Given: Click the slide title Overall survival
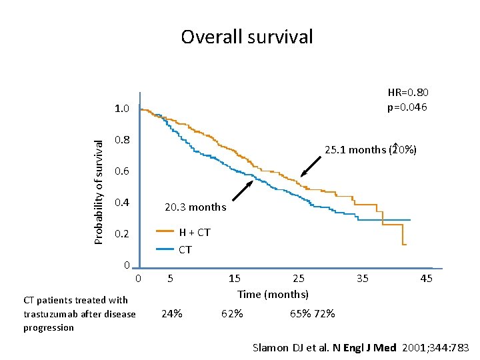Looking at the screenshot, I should tap(247, 37).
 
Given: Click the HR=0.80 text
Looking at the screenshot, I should tap(408, 93).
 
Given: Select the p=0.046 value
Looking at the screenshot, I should tap(407, 107).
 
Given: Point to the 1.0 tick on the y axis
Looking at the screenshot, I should tap(122, 109).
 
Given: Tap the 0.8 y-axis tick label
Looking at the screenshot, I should tap(122, 141).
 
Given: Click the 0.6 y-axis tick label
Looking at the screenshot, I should tap(122, 172).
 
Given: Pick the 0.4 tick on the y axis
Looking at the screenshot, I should tap(122, 203).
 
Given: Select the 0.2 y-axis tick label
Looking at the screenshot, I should tap(122, 235).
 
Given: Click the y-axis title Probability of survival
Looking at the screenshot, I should tap(99, 191).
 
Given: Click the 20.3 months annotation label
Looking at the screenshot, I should tap(195, 207).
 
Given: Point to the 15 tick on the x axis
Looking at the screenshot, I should tap(235, 278).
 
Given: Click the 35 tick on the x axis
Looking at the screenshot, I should tap(363, 278).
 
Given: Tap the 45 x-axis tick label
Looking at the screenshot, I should tap(426, 278).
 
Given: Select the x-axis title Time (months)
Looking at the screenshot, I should tap(273, 294).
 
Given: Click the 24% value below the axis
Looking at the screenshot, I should tap(173, 313).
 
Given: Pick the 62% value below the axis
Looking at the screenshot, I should tap(232, 313).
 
